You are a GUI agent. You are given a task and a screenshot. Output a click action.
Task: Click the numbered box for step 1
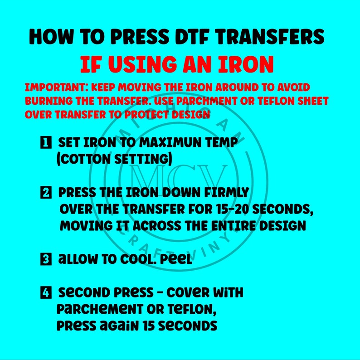pyautogui.click(x=46, y=142)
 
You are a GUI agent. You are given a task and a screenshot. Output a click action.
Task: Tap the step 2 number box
pyautogui.click(x=46, y=192)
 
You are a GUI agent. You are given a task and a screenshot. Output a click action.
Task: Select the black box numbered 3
pyautogui.click(x=46, y=259)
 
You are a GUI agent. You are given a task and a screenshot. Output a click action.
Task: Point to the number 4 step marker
pyautogui.click(x=46, y=292)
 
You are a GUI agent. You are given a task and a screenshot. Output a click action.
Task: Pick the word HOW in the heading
pyautogui.click(x=50, y=37)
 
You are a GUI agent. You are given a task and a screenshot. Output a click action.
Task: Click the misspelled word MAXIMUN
pyautogui.click(x=170, y=142)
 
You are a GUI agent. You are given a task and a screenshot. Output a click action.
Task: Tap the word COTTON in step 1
pyautogui.click(x=84, y=159)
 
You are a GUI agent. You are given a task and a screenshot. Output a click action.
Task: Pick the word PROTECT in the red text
pyautogui.click(x=147, y=115)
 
